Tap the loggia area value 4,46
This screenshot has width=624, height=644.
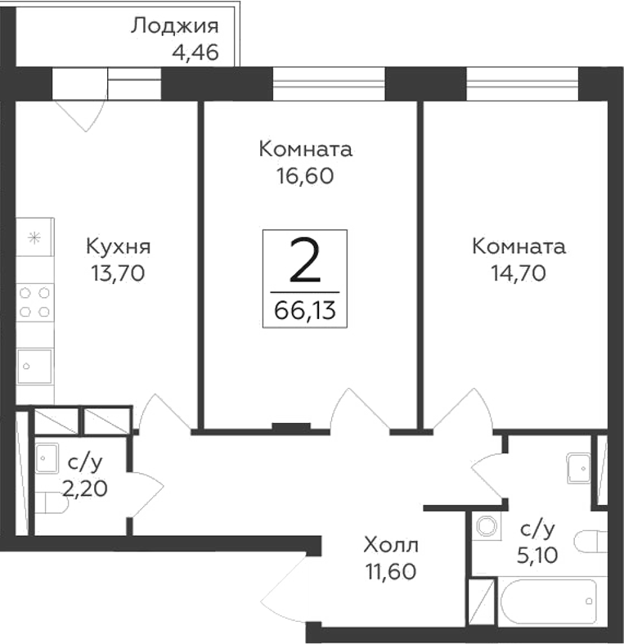click(195, 54)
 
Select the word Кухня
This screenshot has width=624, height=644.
click(118, 246)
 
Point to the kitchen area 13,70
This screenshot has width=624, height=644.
click(118, 273)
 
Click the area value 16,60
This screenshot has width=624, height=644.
click(306, 176)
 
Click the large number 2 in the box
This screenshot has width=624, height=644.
click(304, 263)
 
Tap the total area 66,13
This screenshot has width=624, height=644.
click(305, 310)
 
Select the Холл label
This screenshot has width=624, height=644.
click(391, 543)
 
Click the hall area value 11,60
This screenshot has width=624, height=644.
click(391, 570)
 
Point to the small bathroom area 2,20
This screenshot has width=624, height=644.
click(85, 490)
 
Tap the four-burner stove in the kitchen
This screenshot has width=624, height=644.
click(35, 301)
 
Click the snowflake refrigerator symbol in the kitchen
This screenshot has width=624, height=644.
click(34, 238)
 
